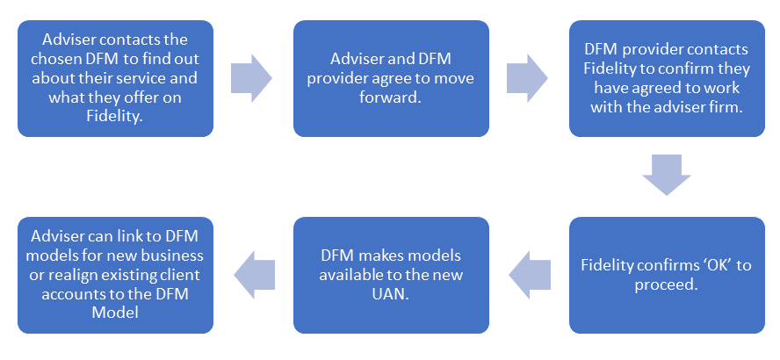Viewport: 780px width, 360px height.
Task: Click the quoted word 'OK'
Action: [712, 265]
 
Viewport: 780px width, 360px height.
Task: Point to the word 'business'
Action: [172, 256]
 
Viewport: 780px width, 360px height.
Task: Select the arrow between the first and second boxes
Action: [251, 77]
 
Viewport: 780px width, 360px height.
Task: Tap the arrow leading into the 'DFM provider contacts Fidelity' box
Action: [527, 77]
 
